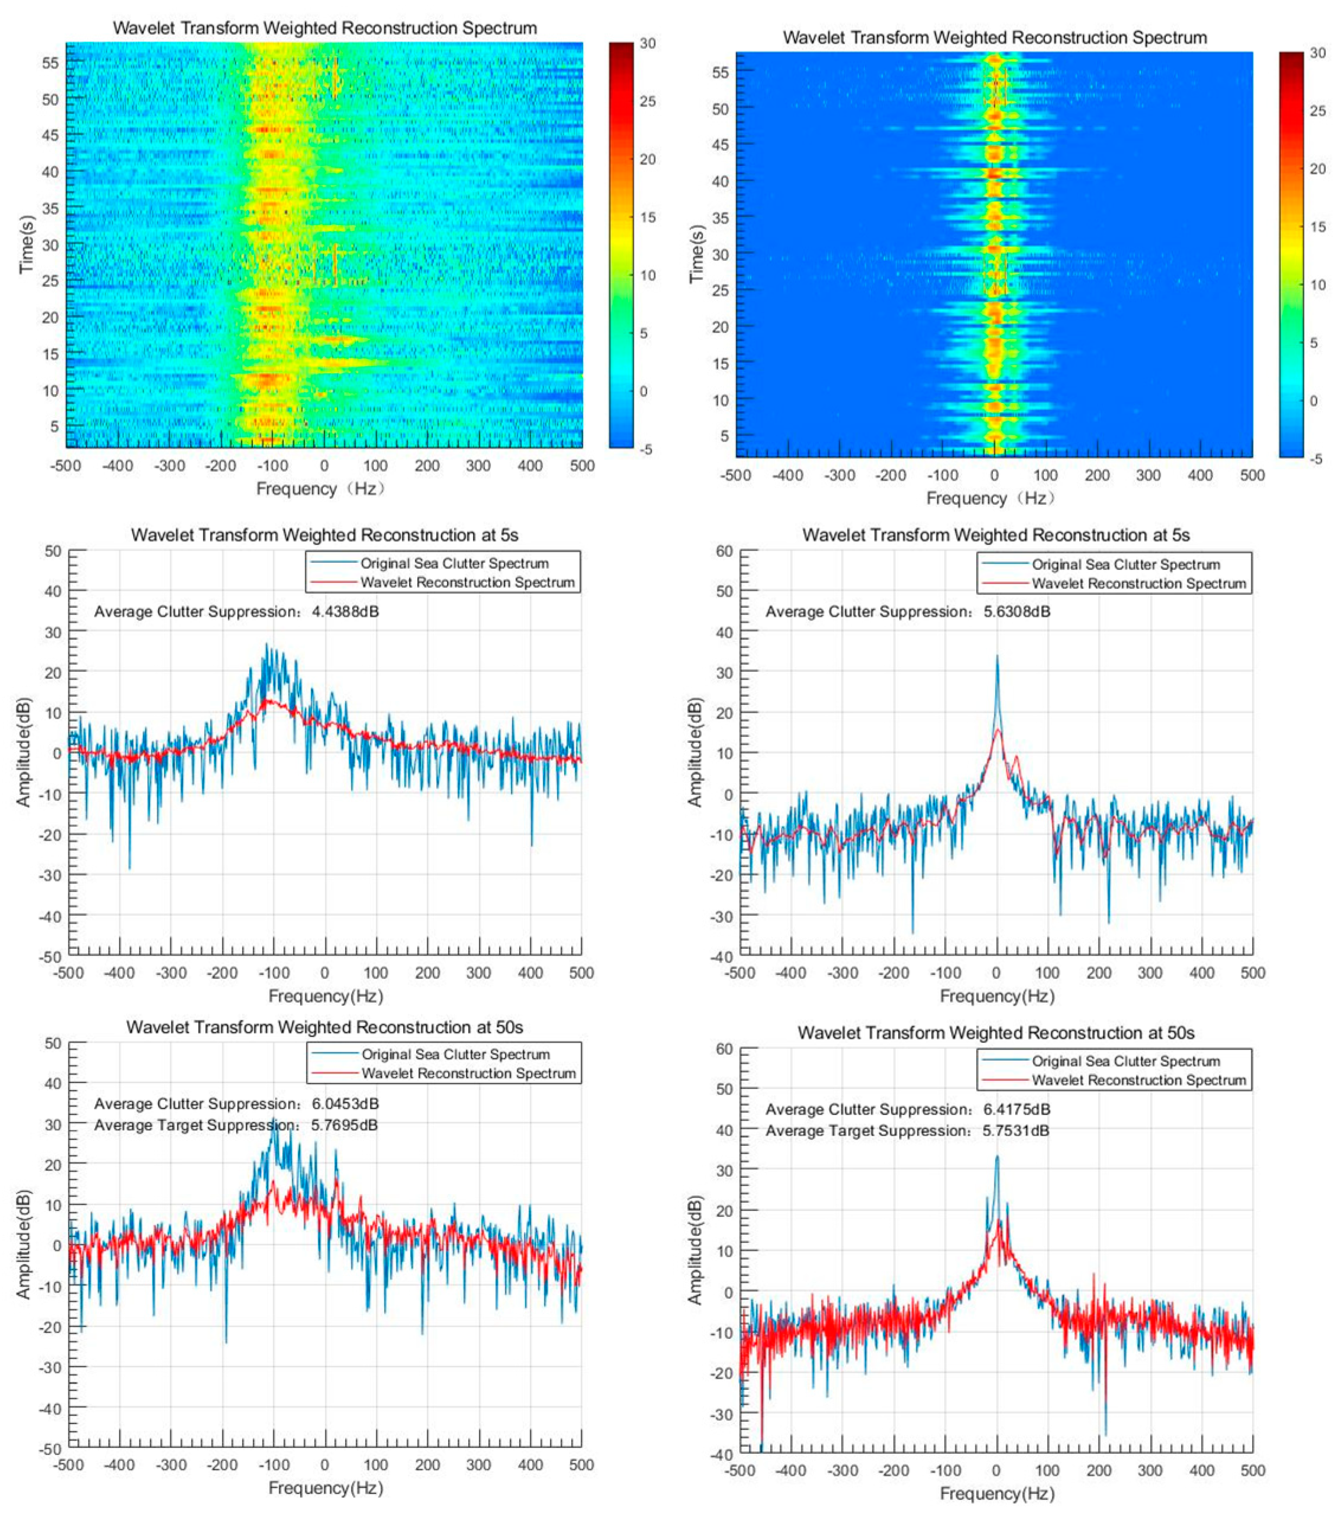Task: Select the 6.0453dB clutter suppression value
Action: [x=345, y=1103]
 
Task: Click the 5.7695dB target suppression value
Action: [x=344, y=1125]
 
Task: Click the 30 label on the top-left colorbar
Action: [x=647, y=43]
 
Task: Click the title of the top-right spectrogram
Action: [x=994, y=37]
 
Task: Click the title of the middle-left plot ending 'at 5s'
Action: [x=324, y=535]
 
